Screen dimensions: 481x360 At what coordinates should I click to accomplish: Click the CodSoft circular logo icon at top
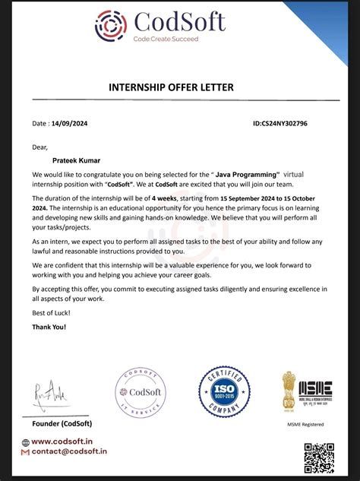(111, 24)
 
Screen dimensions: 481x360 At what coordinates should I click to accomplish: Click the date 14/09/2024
(69, 123)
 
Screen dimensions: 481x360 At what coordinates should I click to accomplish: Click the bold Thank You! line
(49, 327)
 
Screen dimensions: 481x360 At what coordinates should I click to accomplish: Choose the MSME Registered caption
(305, 424)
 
